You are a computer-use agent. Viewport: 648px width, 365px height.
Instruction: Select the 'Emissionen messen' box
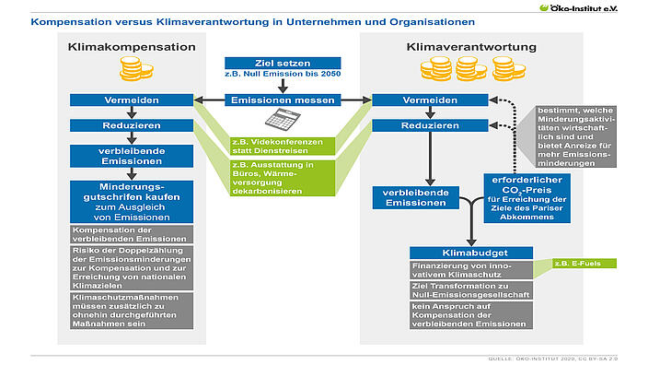(x=283, y=100)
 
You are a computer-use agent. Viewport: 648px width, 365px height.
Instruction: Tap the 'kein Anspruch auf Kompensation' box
(x=473, y=315)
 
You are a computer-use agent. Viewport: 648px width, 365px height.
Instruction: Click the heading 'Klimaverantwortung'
(x=458, y=46)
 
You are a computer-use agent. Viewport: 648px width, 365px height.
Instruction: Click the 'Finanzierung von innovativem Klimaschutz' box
(x=473, y=270)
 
